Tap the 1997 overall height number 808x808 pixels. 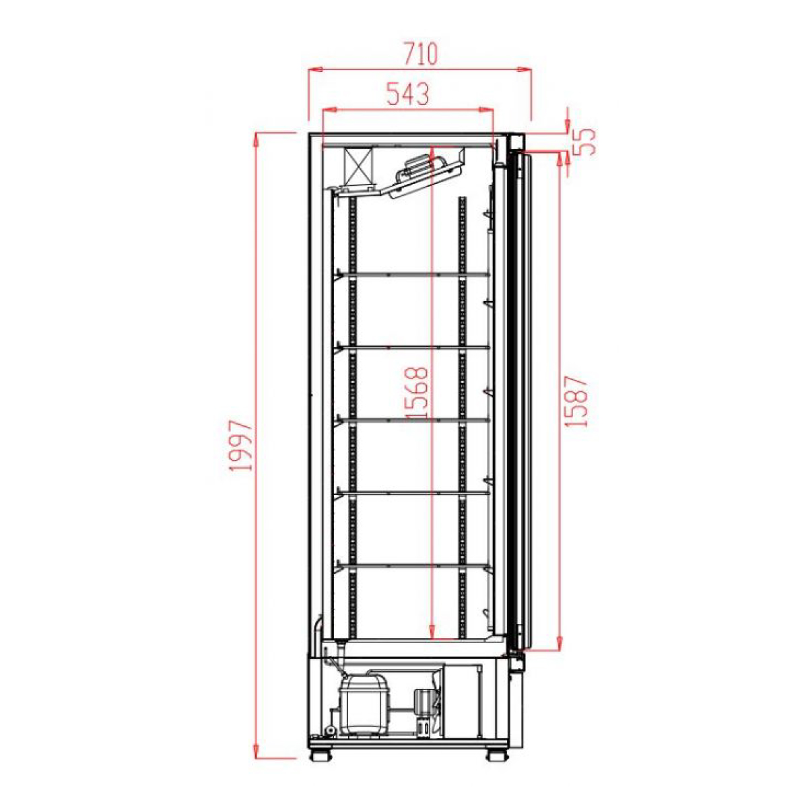[242, 446]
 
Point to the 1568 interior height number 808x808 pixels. [417, 393]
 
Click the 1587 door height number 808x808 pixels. [576, 401]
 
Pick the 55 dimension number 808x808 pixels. [584, 141]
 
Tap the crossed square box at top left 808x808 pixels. [358, 167]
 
